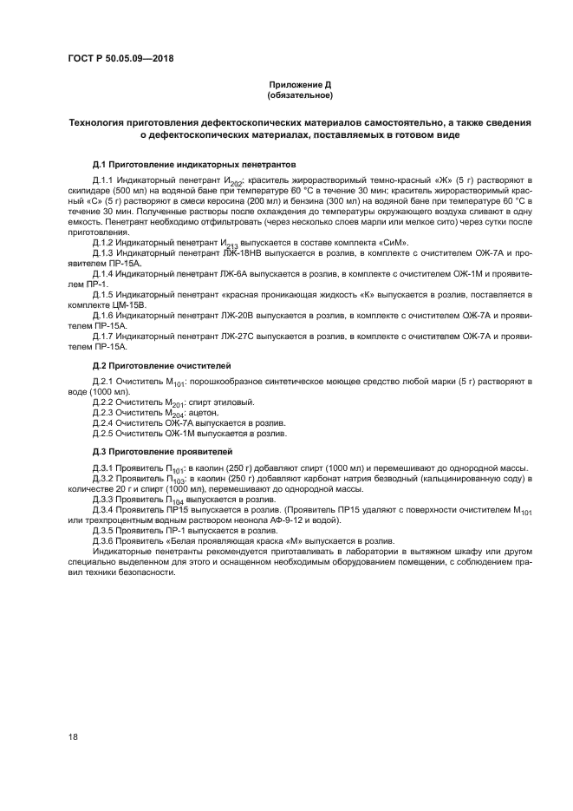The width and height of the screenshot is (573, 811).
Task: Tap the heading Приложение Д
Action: coord(299,84)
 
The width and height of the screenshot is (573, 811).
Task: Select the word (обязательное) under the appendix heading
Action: coord(299,95)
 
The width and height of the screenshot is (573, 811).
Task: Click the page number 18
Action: coord(73,736)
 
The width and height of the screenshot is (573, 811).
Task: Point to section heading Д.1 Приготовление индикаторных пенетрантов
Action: coord(194,163)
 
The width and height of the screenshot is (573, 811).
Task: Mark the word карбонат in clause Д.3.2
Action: coord(325,478)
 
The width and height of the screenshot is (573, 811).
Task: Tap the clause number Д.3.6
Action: coord(107,540)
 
